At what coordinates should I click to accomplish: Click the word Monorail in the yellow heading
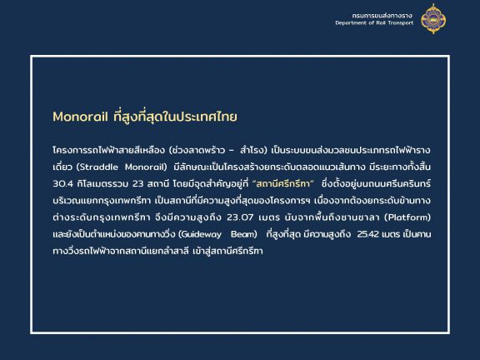[80, 117]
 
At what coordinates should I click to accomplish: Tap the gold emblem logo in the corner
[433, 18]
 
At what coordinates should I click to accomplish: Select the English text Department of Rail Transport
[374, 23]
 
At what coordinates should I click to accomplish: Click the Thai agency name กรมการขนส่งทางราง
[382, 15]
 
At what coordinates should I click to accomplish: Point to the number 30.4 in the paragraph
[62, 183]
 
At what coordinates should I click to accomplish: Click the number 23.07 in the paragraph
[240, 217]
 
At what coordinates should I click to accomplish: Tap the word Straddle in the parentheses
[99, 167]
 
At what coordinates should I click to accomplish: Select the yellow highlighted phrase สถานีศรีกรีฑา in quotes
[283, 183]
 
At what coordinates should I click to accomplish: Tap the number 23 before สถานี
[137, 183]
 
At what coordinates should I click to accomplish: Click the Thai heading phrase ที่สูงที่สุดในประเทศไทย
[175, 117]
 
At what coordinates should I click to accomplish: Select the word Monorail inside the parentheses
[144, 167]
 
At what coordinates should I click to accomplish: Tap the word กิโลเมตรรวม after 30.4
[102, 183]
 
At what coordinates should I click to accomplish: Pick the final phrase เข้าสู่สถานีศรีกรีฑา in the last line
[228, 251]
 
